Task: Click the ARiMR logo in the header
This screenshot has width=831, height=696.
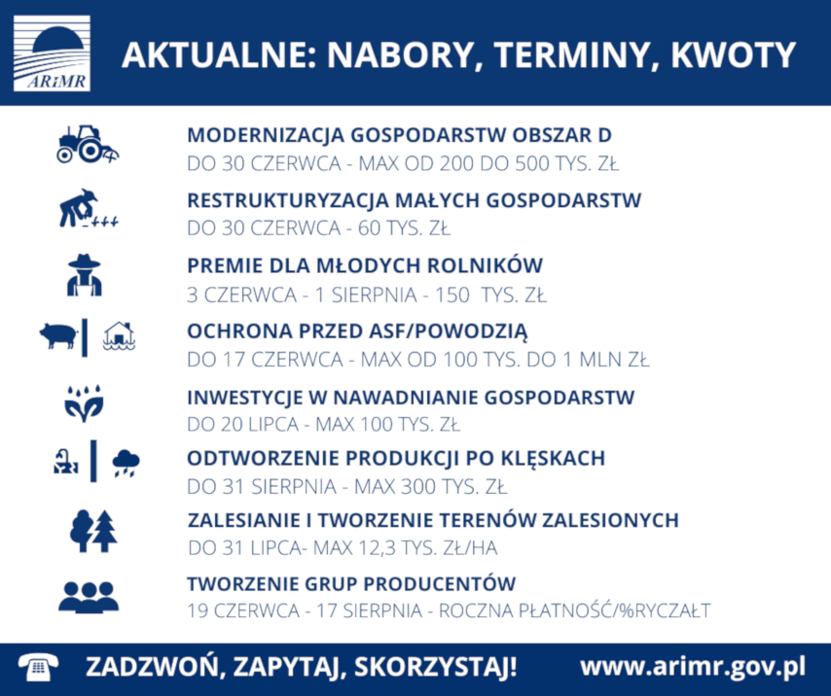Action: (x=52, y=53)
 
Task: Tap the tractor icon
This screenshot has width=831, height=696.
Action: (x=88, y=144)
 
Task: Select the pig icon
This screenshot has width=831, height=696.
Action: (x=58, y=335)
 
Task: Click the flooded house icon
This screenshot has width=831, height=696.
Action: (x=120, y=336)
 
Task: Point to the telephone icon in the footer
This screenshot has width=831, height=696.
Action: (x=38, y=667)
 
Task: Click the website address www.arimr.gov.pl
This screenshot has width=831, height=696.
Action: (x=693, y=667)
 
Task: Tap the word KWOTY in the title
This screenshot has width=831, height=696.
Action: (x=733, y=55)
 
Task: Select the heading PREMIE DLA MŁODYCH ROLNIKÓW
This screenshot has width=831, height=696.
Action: (x=365, y=265)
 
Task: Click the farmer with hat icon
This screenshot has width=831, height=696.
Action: (x=85, y=275)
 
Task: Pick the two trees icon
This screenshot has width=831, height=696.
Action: (x=93, y=531)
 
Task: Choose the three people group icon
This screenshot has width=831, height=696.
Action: (x=89, y=598)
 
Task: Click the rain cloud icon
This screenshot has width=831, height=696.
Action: (x=126, y=463)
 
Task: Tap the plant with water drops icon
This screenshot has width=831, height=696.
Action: (x=84, y=403)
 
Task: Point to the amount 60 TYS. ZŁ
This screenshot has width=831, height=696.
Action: (x=404, y=228)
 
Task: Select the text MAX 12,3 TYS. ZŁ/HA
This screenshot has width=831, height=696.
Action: (x=406, y=548)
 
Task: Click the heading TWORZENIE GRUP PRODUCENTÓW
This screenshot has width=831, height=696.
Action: (x=351, y=584)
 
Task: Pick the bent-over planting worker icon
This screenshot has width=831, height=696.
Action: (x=88, y=209)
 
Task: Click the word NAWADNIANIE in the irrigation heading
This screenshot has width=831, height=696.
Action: (x=406, y=398)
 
